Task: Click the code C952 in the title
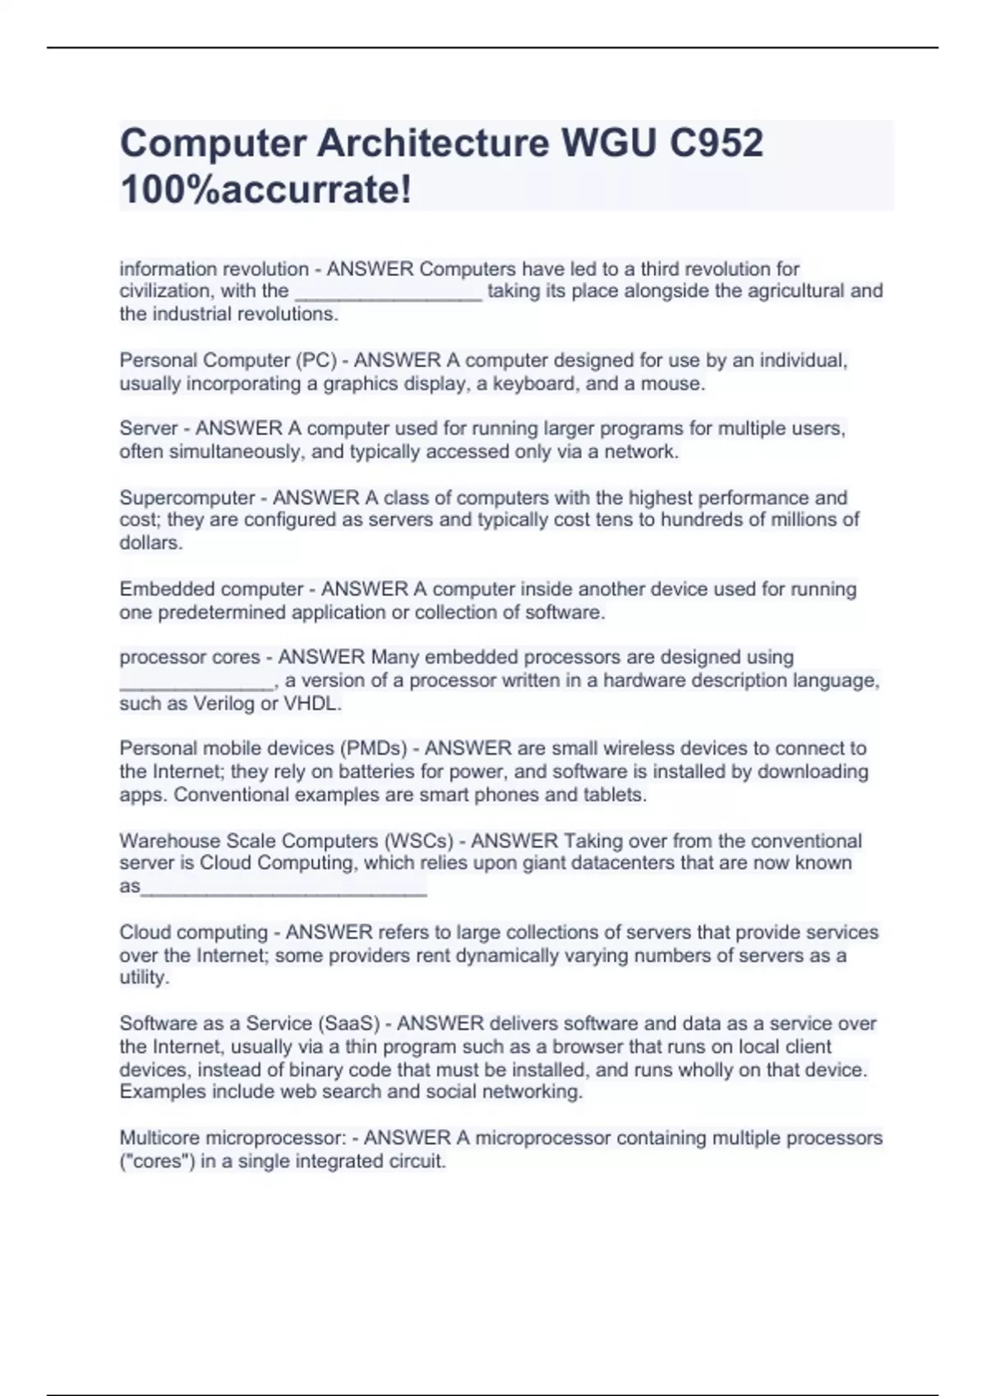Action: pos(716,144)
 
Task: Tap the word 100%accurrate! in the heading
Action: pos(265,191)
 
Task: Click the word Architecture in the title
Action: pos(433,144)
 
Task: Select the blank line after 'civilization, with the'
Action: pos(388,294)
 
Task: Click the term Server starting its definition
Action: pos(149,429)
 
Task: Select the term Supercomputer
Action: pos(187,498)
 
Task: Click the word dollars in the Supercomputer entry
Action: pos(149,543)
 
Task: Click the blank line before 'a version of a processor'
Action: pos(196,683)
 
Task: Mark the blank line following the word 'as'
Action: pos(284,889)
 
